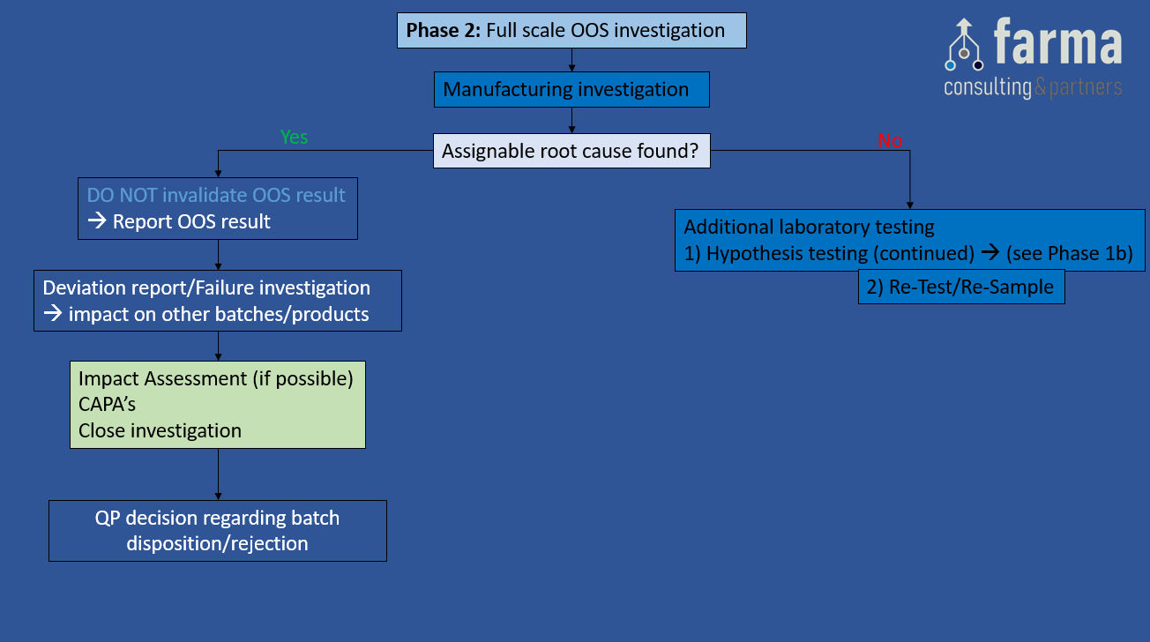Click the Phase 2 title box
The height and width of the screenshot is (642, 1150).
click(x=571, y=31)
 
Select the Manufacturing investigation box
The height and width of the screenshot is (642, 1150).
click(x=571, y=89)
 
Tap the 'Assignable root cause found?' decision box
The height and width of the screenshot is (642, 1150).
click(x=571, y=151)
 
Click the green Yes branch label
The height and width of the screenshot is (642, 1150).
click(x=294, y=137)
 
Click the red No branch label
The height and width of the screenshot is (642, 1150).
click(x=890, y=140)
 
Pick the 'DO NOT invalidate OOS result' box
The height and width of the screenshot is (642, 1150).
click(x=217, y=208)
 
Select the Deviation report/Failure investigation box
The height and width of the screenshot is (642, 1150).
click(x=217, y=301)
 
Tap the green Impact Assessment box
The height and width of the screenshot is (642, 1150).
click(x=217, y=404)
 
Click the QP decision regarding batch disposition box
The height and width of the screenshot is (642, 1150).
click(x=217, y=530)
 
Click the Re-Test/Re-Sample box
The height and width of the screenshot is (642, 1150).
click(x=961, y=287)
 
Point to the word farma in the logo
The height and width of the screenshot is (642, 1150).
click(x=1057, y=44)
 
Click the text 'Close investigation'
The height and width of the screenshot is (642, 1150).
click(x=160, y=430)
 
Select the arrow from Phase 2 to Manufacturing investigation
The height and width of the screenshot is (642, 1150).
click(x=572, y=60)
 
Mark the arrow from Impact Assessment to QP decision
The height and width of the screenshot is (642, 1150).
click(x=218, y=474)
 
